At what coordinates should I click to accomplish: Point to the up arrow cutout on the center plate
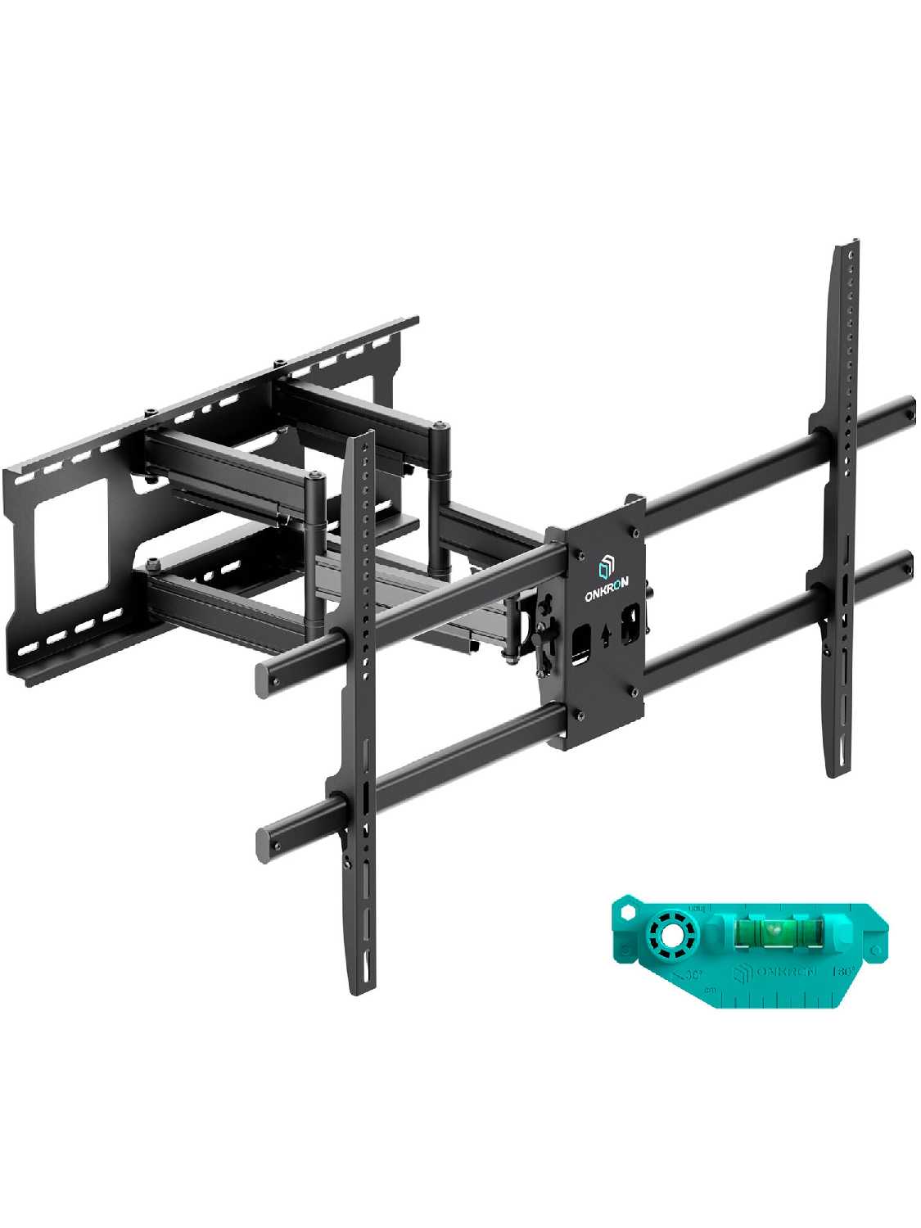[x=603, y=636]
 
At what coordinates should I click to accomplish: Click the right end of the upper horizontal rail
[x=905, y=407]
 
